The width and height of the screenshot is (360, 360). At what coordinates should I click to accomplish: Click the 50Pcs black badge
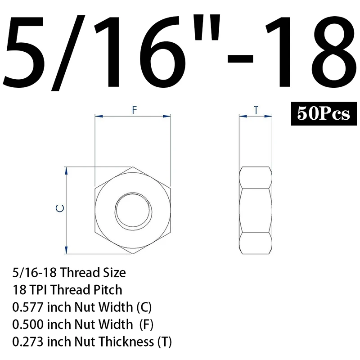324,113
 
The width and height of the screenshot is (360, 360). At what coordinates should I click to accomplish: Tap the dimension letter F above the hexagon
134,110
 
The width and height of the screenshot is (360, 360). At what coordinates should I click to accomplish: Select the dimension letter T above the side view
256,110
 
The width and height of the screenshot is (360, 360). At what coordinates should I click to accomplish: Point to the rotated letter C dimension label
60,208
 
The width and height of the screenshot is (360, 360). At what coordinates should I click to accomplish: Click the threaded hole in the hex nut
133,210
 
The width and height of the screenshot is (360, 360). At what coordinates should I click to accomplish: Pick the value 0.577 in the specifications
28,307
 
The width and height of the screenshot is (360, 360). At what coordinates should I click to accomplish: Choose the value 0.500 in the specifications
28,324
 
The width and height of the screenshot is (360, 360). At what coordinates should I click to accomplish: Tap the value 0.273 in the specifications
28,342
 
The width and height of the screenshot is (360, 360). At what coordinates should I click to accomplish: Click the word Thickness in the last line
126,342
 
